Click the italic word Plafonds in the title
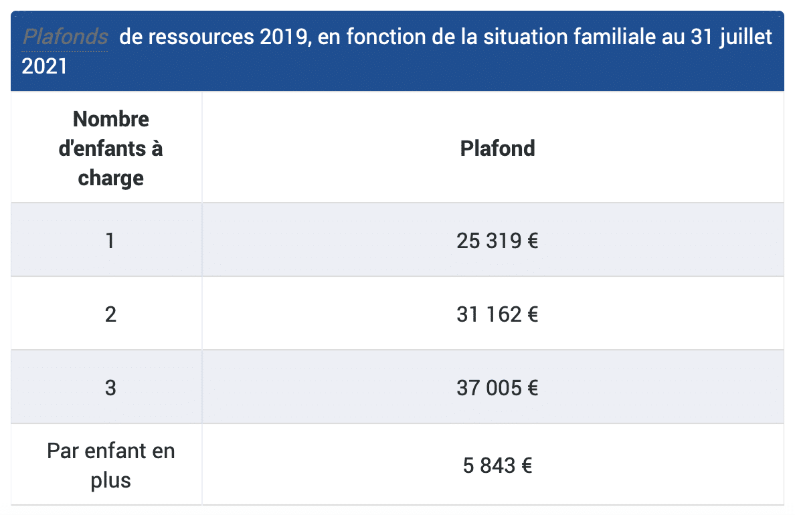[x=66, y=37]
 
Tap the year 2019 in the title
[x=282, y=37]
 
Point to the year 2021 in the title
[x=45, y=66]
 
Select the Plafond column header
[x=497, y=148]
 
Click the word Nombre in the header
[x=111, y=119]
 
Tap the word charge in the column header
[x=111, y=178]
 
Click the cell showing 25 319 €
[x=497, y=240]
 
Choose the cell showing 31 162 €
[x=497, y=314]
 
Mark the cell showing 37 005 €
[x=497, y=387]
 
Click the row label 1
[x=110, y=240]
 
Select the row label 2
[x=110, y=314]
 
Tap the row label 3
[x=110, y=387]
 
